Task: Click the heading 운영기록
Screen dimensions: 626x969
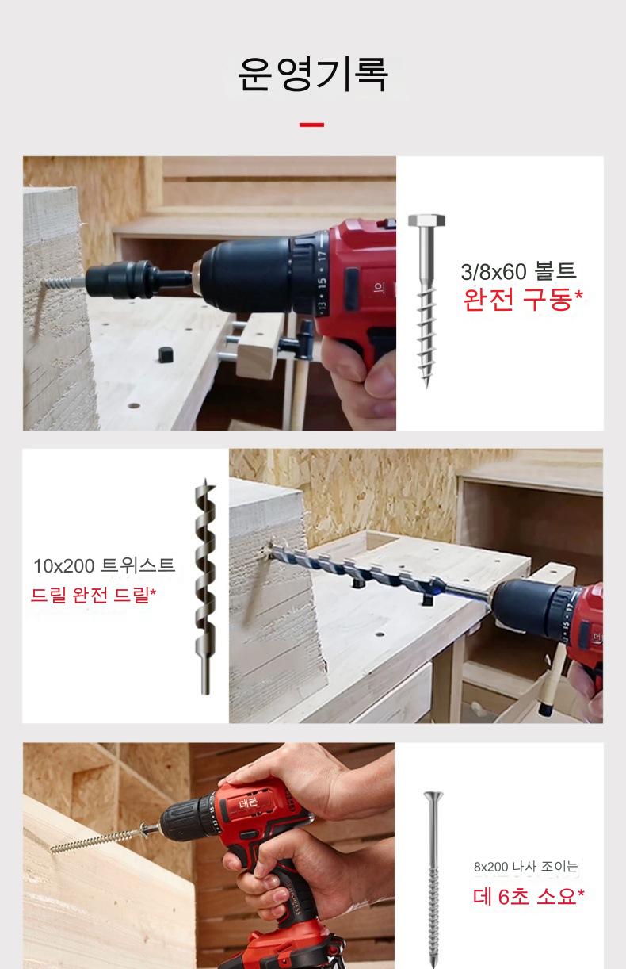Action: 312,75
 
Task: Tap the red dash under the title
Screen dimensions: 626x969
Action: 311,124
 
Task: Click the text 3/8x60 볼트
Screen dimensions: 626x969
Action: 518,271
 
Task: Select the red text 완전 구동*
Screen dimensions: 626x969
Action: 523,300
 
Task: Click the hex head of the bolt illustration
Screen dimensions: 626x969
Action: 426,220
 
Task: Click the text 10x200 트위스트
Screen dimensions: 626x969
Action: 104,565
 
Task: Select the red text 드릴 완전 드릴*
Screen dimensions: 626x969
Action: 94,595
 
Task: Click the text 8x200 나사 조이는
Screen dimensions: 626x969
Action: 525,867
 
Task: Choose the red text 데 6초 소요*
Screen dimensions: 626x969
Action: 529,896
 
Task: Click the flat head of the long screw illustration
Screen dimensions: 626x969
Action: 433,795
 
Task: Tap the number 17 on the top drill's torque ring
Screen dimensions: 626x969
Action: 322,256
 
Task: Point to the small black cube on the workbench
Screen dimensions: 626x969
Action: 165,354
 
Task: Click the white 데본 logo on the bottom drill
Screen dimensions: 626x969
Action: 248,803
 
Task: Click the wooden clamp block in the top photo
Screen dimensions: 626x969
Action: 259,344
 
